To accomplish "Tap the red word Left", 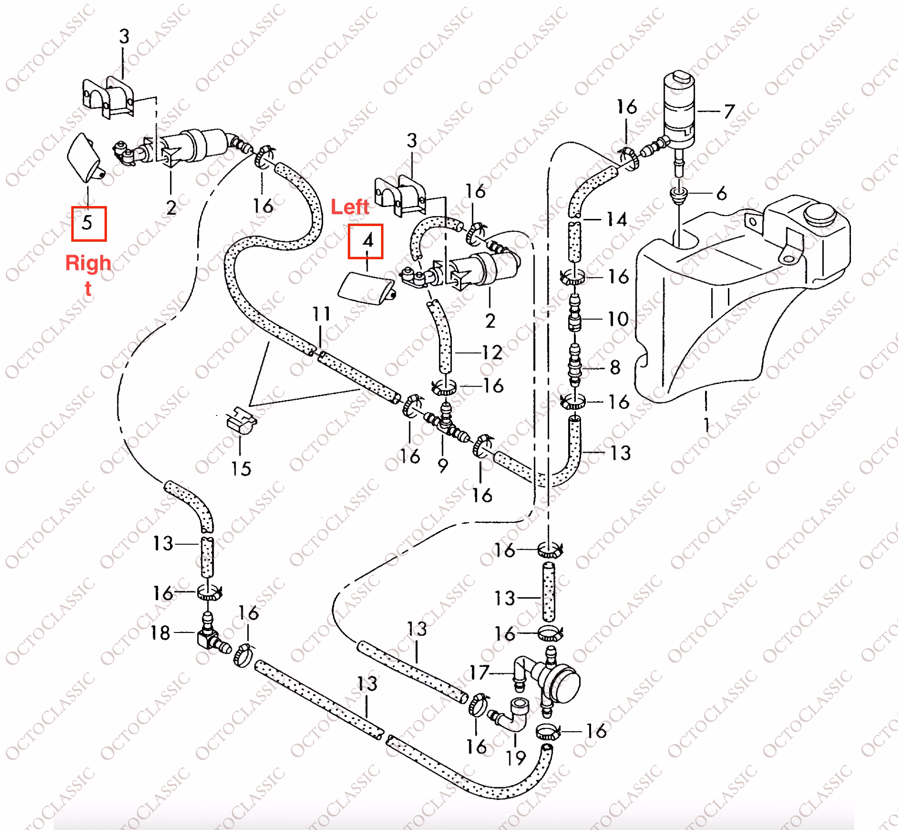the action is tap(350, 207).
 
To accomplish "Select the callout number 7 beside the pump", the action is tap(729, 112).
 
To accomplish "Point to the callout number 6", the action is tap(721, 193).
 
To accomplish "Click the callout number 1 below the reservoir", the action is tap(707, 424).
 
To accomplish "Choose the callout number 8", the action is tap(615, 367).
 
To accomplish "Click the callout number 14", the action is tap(617, 219).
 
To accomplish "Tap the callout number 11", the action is tap(321, 314).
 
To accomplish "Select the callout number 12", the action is tap(492, 352).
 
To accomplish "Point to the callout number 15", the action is tap(241, 469).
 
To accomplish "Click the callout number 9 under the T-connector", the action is tap(442, 466).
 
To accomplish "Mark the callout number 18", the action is tap(160, 633).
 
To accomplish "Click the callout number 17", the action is tap(479, 672).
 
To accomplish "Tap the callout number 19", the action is tap(516, 757).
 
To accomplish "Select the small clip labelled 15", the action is tap(241, 421).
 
